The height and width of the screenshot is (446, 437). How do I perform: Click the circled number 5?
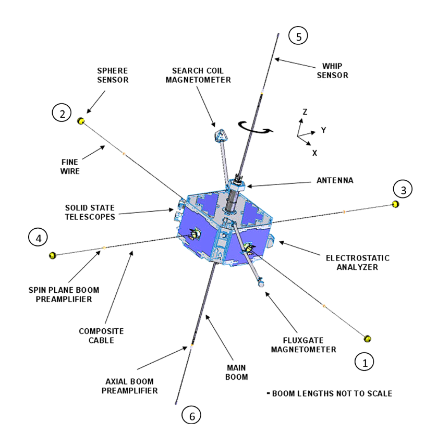click(x=298, y=36)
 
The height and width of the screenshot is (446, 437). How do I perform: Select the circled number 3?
click(x=403, y=189)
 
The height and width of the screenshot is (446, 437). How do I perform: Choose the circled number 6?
click(x=191, y=415)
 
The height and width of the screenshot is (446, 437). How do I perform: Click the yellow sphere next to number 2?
click(x=81, y=121)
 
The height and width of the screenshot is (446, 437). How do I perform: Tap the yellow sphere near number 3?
click(x=396, y=204)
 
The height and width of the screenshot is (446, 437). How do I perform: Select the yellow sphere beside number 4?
click(x=52, y=255)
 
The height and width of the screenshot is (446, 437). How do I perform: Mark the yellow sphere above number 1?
click(x=368, y=339)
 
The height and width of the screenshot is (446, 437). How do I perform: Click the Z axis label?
click(x=305, y=112)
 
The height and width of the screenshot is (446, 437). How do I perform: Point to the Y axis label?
click(x=323, y=130)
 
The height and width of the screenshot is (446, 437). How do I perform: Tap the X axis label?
click(x=314, y=153)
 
